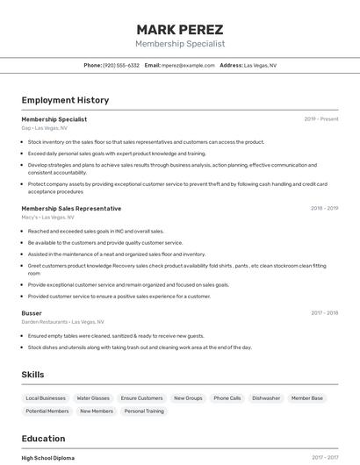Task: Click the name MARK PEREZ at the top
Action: pos(180,29)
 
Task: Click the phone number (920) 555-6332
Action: pos(121,65)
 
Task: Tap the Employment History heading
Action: pos(65,100)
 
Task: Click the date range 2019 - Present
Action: pos(320,118)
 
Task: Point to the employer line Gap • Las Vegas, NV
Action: pos(44,128)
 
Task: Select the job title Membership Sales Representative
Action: pos(71,208)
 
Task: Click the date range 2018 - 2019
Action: pos(324,208)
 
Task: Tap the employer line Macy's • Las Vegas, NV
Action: pos(47,217)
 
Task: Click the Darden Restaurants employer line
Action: pos(62,321)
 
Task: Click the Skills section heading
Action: pos(32,375)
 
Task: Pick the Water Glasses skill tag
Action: pos(93,398)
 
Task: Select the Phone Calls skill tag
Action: pos(227,398)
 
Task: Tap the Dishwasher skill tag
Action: pos(266,398)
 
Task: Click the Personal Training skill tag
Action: pos(144,411)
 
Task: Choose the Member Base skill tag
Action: pos(307,398)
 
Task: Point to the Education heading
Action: pos(43,438)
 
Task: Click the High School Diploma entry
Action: pos(48,457)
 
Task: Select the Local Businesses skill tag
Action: pos(46,398)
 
